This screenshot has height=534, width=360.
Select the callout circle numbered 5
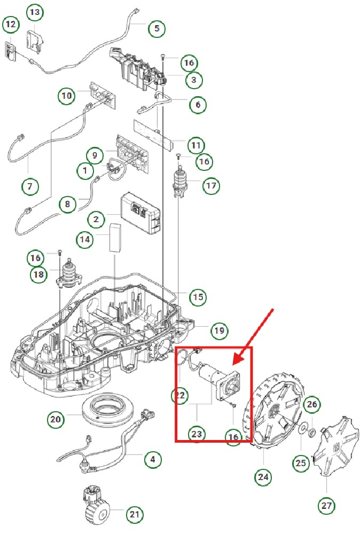click(156, 28)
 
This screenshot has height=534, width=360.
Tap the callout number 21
click(135, 515)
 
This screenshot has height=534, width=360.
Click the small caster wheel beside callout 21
click(96, 506)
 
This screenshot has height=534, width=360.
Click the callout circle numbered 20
click(56, 419)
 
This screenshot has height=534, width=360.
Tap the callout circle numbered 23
click(197, 434)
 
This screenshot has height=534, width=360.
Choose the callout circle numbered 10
click(67, 96)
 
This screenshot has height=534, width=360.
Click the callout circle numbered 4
click(153, 458)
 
